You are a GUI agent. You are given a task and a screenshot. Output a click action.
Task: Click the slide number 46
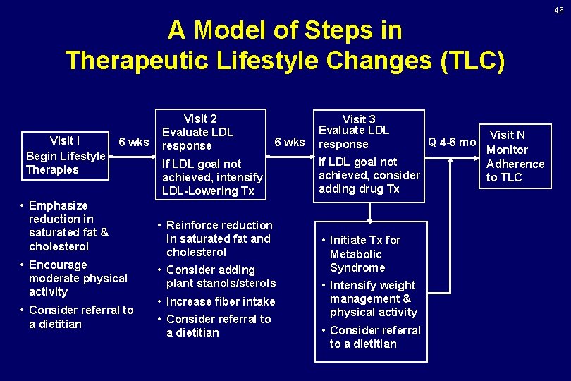coord(558,10)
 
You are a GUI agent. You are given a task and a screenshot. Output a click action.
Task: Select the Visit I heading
coord(65,140)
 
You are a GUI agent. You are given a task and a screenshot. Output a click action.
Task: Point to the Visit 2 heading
coord(200,119)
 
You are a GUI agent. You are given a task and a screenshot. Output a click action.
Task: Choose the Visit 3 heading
coord(359,119)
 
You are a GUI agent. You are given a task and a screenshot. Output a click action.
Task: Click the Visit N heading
coord(508,135)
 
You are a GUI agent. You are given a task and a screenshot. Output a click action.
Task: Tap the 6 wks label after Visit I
coord(134,142)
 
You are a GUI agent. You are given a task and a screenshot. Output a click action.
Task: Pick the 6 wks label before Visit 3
coord(290,142)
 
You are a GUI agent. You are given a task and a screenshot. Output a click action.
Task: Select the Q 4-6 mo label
coord(453,142)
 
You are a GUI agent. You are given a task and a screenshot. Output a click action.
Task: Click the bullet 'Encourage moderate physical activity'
coord(78,278)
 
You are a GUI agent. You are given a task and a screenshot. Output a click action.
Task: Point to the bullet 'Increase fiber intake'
coord(221,301)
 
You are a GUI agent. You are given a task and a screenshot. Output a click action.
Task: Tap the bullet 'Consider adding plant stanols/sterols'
coord(220,277)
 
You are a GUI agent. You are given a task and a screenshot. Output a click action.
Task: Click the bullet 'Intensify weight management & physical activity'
coord(372,298)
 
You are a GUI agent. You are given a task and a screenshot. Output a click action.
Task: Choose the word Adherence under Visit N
coord(515,164)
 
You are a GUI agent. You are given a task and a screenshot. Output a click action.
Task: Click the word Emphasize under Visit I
coord(59,205)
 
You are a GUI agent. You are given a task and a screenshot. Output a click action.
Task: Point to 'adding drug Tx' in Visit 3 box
coord(359,188)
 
